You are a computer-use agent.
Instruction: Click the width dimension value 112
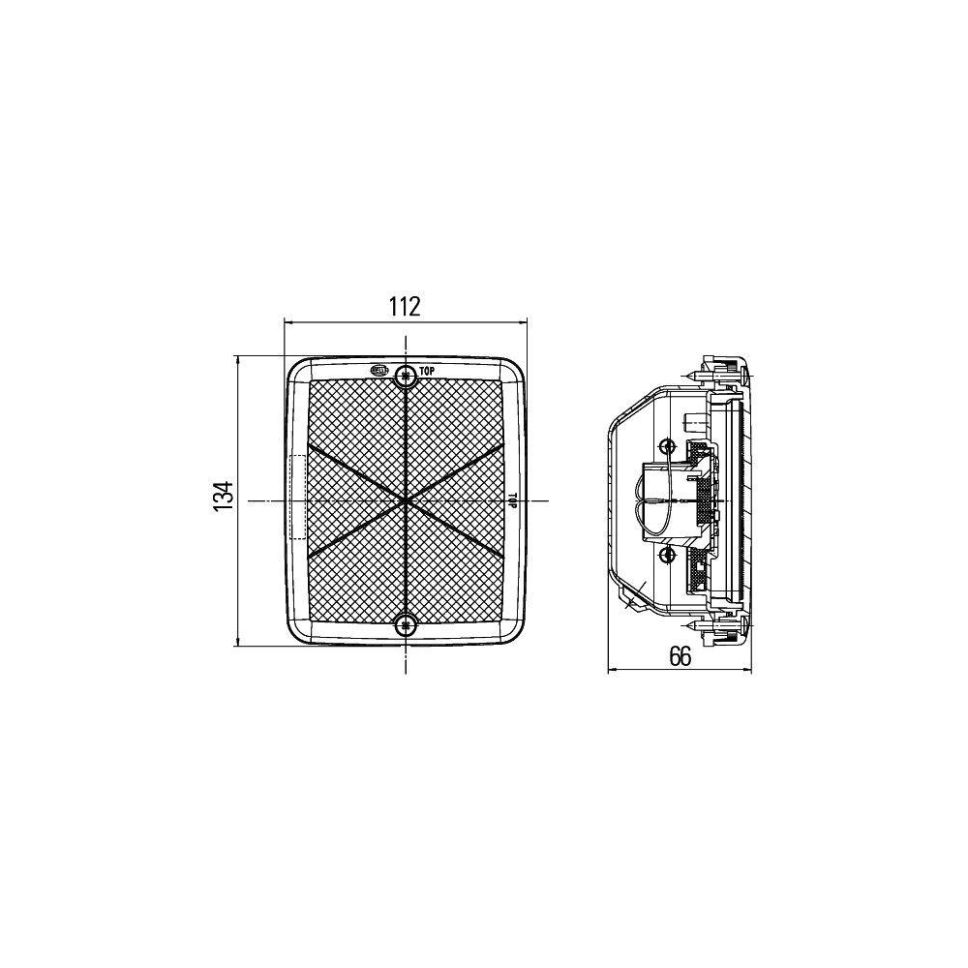tap(404, 307)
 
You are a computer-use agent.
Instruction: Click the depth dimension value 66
tap(680, 656)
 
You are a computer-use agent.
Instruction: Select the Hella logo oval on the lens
tap(379, 370)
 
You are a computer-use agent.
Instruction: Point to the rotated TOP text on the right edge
tap(513, 500)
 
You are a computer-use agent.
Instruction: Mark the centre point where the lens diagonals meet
tap(406, 500)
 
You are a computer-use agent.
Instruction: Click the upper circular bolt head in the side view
tap(666, 445)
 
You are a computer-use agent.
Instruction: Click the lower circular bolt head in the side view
tap(666, 554)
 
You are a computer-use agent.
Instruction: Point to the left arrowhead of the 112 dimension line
tap(287, 321)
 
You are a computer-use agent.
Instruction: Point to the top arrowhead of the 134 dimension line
tap(237, 359)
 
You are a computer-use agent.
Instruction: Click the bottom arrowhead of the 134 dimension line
tap(237, 643)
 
